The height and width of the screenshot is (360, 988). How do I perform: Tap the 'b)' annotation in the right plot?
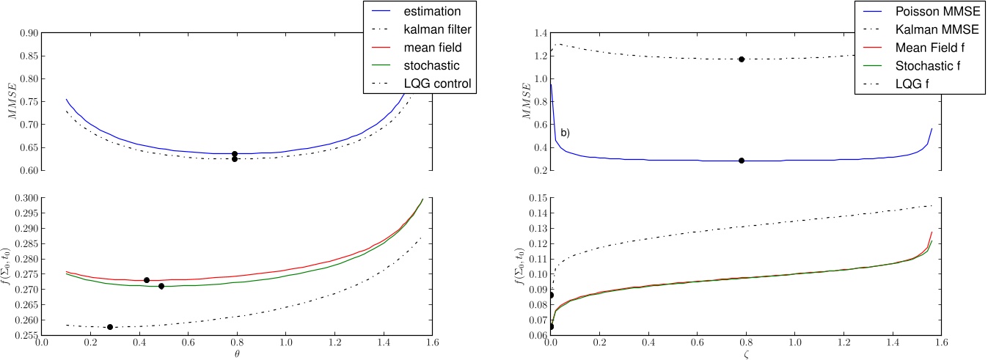565,133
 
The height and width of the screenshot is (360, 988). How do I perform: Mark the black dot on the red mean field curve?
147,280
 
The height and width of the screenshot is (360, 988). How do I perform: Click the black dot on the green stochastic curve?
161,286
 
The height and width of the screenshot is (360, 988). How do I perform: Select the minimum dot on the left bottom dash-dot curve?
110,327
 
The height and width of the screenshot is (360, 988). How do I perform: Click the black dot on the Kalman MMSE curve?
742,59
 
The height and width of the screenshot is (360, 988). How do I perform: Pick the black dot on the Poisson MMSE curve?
742,161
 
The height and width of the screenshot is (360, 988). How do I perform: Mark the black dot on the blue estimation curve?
235,154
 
